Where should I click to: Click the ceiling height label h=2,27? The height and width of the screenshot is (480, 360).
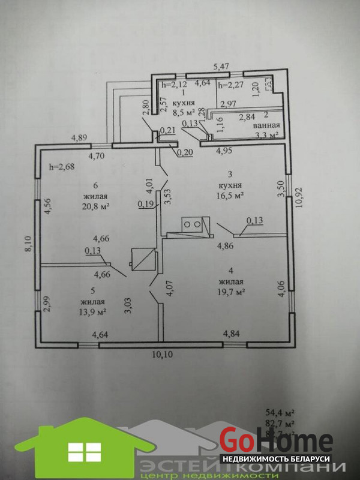click(231, 85)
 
